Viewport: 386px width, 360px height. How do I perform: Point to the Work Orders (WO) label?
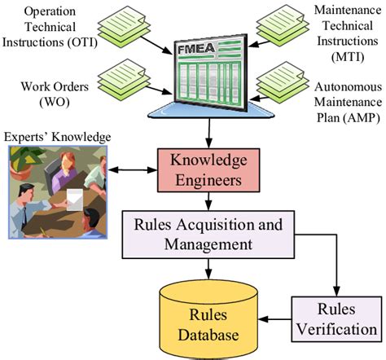tap(42, 94)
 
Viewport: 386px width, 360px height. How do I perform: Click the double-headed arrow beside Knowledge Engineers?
tap(134, 172)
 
